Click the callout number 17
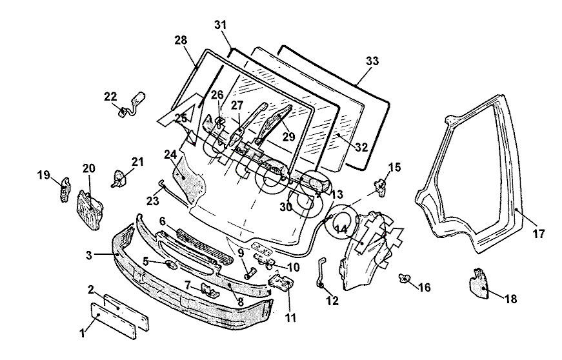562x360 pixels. [538, 234]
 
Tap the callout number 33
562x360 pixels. [372, 61]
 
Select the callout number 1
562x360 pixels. [83, 333]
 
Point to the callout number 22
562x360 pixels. [111, 97]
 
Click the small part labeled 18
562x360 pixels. [479, 283]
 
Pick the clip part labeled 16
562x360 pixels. [405, 278]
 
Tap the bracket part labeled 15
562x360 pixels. [380, 187]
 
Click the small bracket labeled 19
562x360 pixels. [64, 189]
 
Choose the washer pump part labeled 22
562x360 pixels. [132, 105]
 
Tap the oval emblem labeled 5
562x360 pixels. [170, 265]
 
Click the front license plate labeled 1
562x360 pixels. [114, 321]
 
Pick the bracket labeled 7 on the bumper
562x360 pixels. [209, 290]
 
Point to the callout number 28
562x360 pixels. [181, 40]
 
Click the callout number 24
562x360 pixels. [170, 155]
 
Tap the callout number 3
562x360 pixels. [90, 255]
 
